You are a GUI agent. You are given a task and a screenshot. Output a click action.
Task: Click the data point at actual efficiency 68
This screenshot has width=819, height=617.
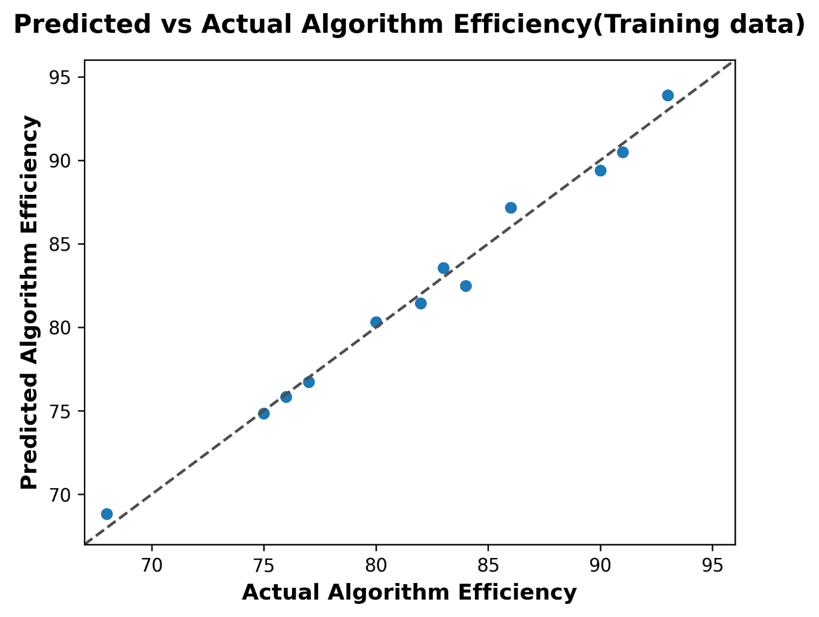pos(107,514)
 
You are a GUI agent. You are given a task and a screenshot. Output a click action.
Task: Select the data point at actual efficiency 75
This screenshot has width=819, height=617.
pos(264,413)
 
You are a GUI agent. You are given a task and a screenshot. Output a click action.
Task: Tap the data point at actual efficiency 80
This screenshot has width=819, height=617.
pos(376,322)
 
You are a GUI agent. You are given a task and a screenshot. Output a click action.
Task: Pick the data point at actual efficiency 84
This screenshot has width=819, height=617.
pos(466,286)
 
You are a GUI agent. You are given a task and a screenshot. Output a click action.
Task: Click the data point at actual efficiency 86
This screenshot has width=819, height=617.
pos(511,207)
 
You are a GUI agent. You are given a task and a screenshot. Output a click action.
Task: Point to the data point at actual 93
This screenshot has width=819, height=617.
pos(668,95)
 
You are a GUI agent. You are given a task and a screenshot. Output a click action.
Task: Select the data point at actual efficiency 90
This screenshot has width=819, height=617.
pos(600,170)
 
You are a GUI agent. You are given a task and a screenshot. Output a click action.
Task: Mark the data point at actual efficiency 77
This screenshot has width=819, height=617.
pos(309,382)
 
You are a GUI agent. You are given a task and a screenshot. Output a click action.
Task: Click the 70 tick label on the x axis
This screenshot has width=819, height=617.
pos(152,565)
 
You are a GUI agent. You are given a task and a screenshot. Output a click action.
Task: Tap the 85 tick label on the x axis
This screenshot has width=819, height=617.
pos(488,565)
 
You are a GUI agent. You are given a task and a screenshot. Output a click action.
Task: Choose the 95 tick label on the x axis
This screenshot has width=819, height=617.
pos(712,565)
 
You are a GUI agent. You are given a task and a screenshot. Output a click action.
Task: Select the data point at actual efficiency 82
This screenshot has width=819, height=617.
pos(421,303)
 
